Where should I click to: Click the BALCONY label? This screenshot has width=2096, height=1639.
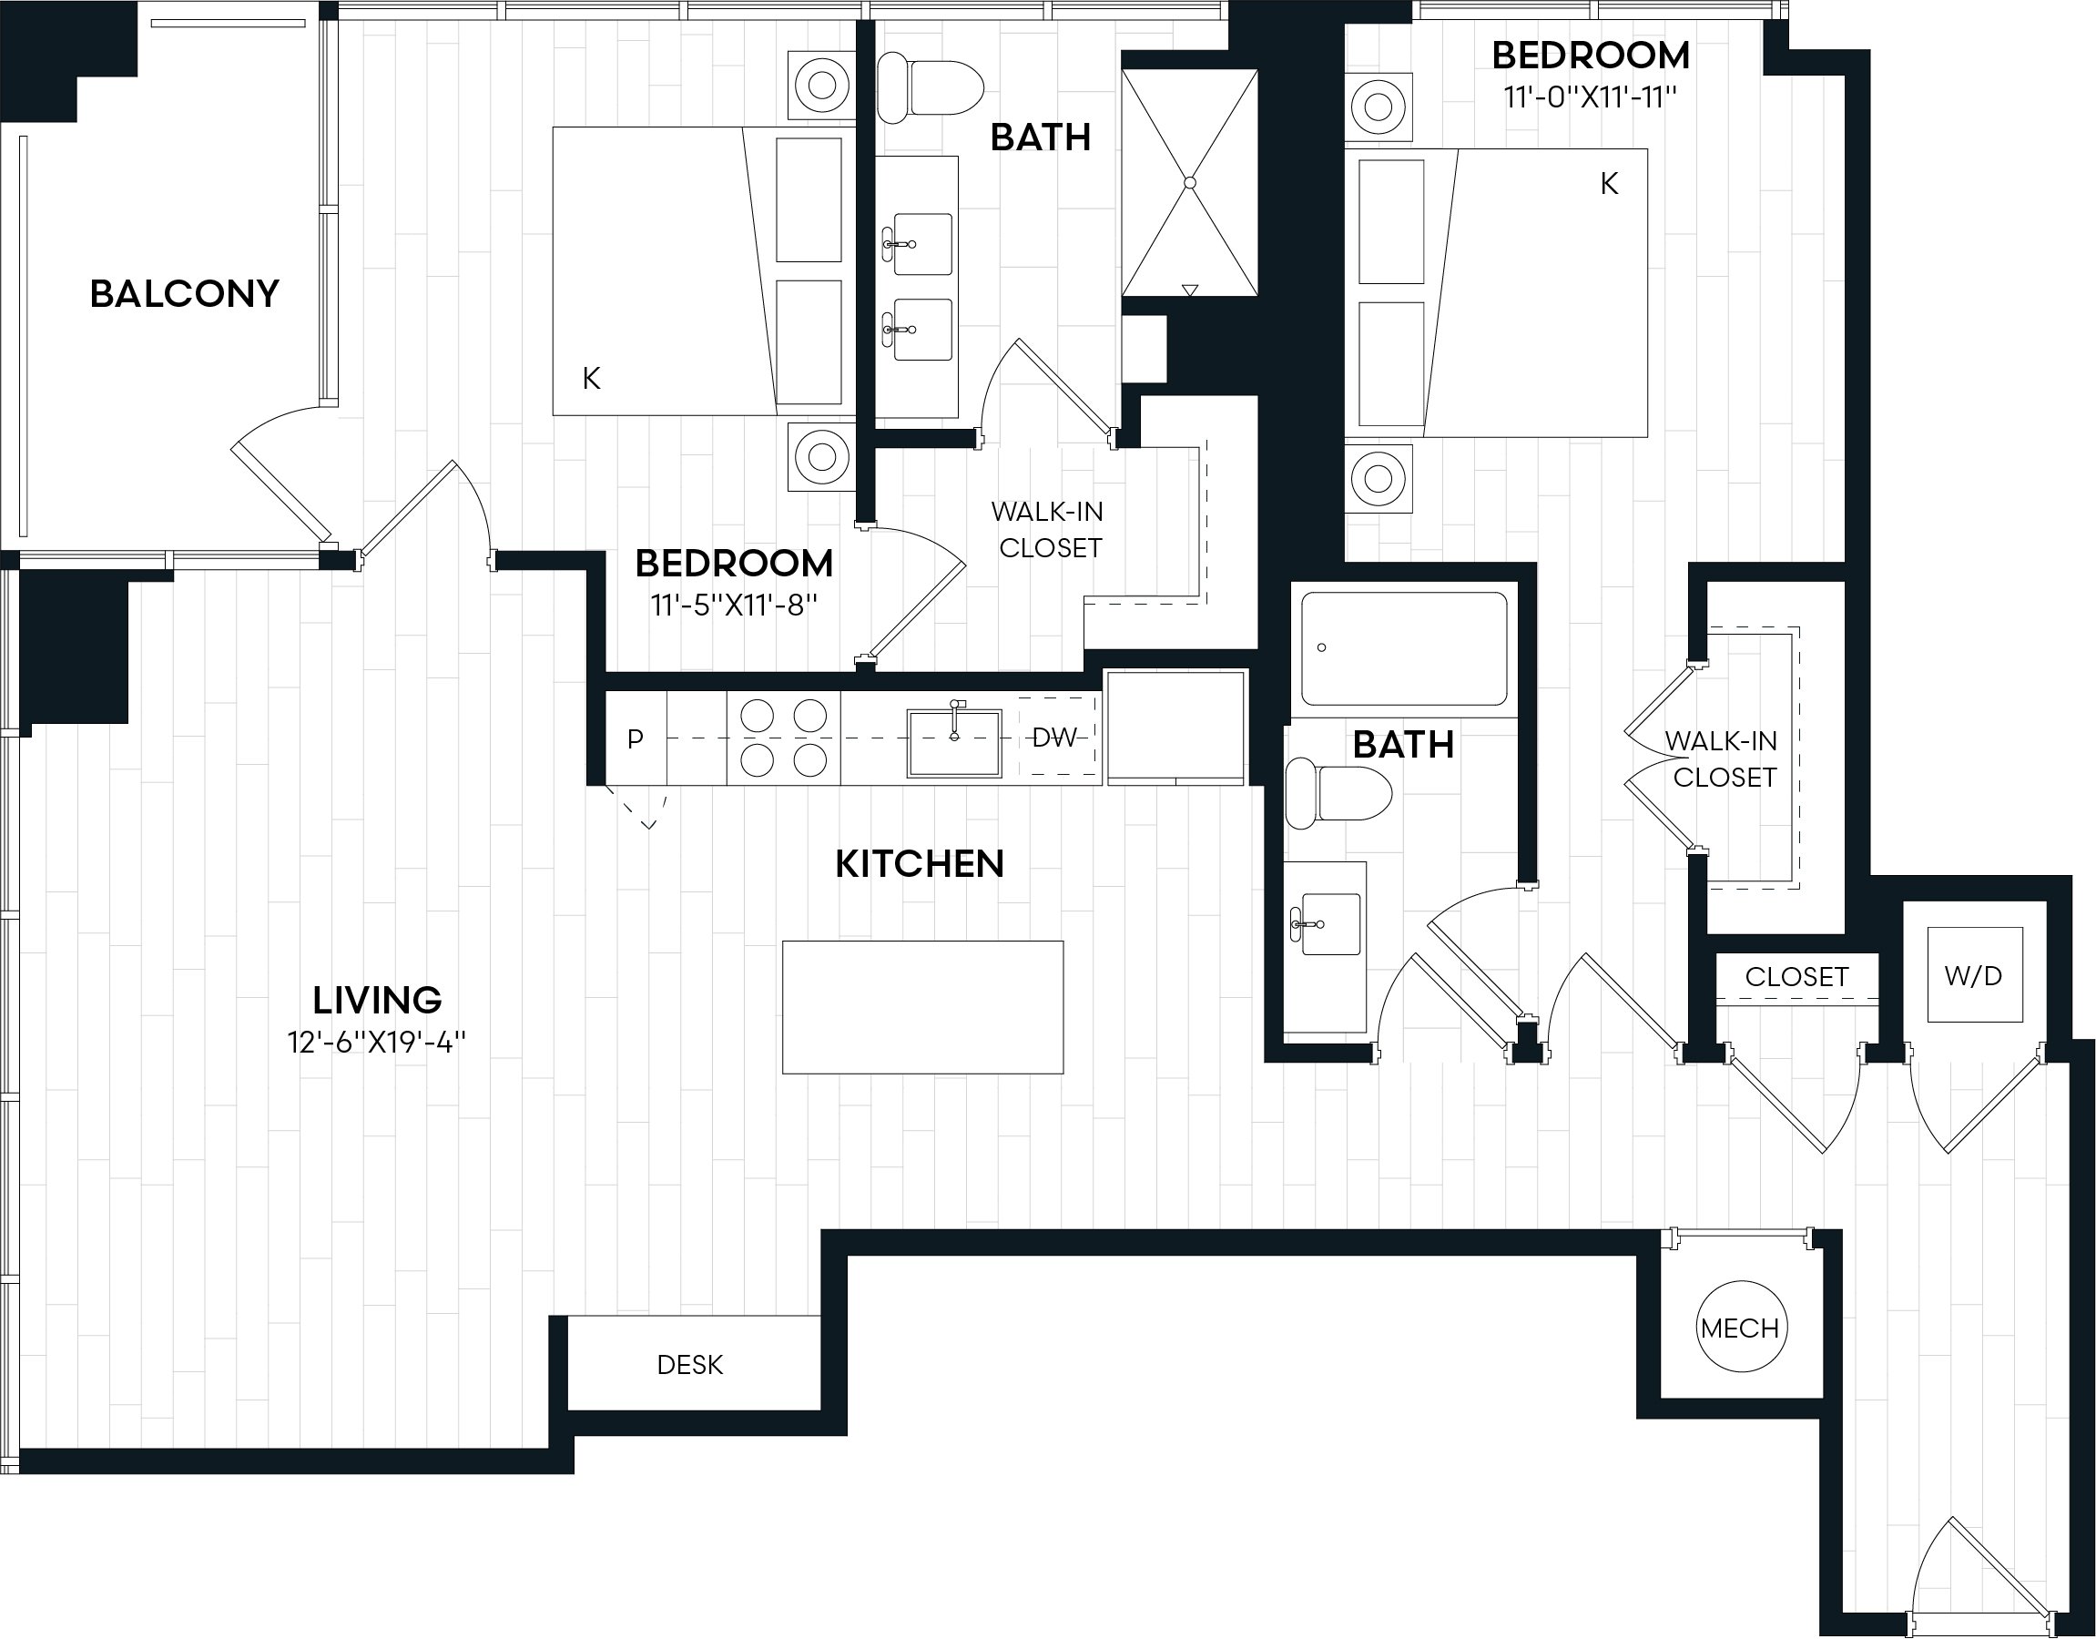coord(184,293)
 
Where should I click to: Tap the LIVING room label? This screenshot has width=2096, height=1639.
coord(377,1000)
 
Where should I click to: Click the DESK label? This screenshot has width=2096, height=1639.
coord(690,1365)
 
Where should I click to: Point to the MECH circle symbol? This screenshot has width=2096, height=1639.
coord(1740,1329)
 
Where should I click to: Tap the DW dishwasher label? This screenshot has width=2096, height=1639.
coord(1054,737)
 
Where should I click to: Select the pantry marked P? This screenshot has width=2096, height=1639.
coord(636,738)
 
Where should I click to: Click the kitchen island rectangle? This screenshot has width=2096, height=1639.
coord(922,1007)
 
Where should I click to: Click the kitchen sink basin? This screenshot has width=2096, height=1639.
coord(955,743)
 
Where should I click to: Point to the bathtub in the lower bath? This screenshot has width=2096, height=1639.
coord(1404,649)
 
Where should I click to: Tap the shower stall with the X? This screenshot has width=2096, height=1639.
coord(1190,182)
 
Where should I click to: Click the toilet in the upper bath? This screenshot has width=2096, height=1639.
coord(931,87)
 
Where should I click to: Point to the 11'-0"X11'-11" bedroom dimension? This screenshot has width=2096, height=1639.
coord(1591,97)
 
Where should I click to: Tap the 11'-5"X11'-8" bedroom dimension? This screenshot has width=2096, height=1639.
coord(734,606)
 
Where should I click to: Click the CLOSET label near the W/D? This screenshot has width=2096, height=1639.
coord(1796,977)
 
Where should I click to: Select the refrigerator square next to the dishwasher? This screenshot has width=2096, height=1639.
coord(1177,728)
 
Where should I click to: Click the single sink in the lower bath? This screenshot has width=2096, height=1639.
coord(1330,924)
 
